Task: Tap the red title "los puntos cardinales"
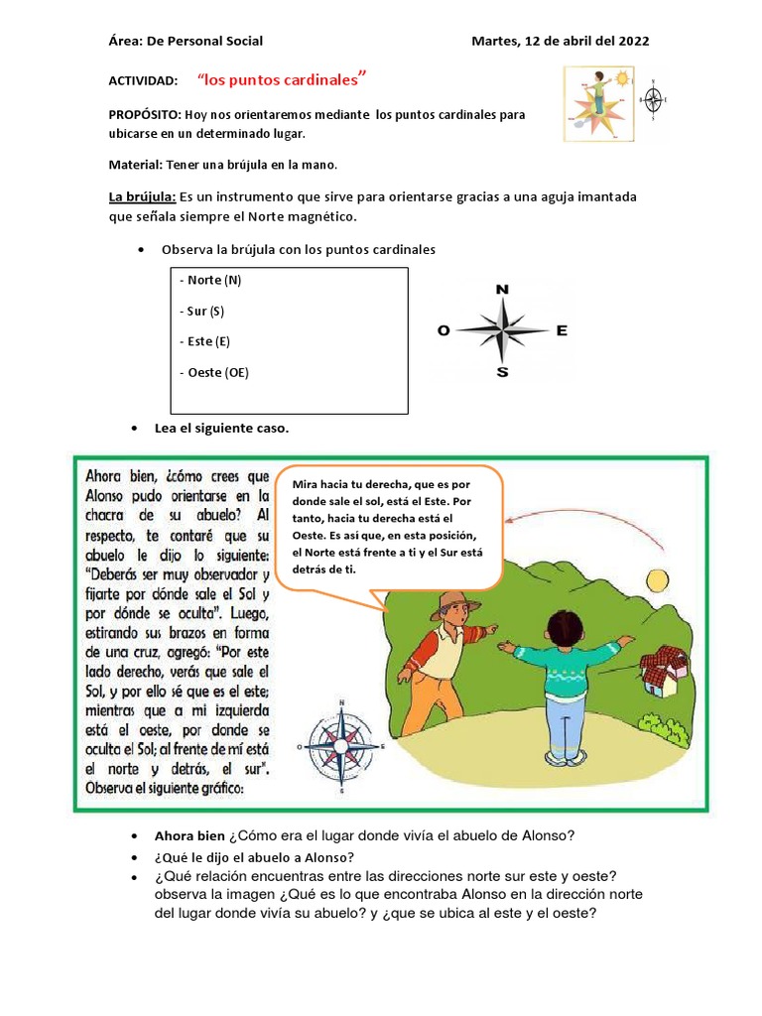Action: tap(282, 78)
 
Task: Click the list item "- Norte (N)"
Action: tap(210, 280)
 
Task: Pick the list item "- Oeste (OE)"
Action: tap(214, 372)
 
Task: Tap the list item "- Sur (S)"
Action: tap(202, 311)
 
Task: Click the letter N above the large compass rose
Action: tap(502, 289)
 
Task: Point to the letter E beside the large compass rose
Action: tap(562, 331)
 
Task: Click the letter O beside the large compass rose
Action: tap(444, 332)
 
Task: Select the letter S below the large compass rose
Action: tap(502, 373)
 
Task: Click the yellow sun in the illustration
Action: tap(657, 579)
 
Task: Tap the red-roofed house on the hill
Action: tap(662, 670)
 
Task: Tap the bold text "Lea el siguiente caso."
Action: tap(221, 428)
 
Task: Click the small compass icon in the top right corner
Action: tap(653, 99)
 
